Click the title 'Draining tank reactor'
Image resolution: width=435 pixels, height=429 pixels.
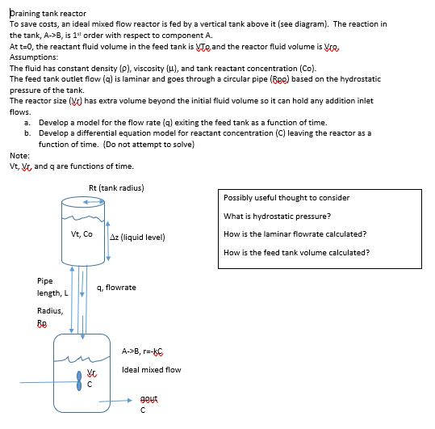(48, 14)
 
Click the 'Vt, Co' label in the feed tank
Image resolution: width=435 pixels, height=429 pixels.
(82, 234)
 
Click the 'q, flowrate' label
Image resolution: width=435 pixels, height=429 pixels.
(116, 288)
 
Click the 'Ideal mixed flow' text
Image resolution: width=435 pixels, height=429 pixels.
(151, 370)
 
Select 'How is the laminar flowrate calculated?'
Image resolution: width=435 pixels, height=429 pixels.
(295, 233)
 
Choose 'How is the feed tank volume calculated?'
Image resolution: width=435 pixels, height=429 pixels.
(296, 252)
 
